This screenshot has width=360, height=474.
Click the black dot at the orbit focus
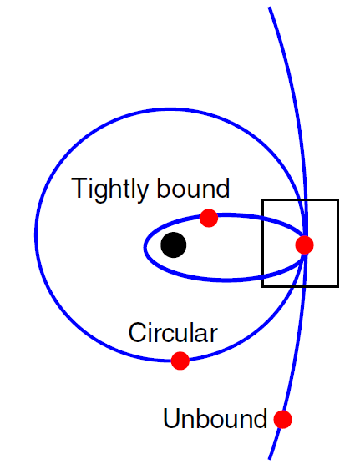pyautogui.click(x=174, y=245)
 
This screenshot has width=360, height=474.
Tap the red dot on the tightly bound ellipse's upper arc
pyautogui.click(x=209, y=218)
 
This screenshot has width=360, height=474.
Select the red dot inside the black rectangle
pyautogui.click(x=304, y=245)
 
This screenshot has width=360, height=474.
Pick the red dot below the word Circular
pyautogui.click(x=180, y=361)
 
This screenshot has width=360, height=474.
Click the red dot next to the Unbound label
pyautogui.click(x=282, y=419)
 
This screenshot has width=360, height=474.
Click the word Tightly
pyautogui.click(x=109, y=189)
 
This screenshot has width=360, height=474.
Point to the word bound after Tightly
pyautogui.click(x=193, y=188)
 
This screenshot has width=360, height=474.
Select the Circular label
pyautogui.click(x=173, y=332)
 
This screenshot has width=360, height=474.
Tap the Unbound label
pyautogui.click(x=215, y=418)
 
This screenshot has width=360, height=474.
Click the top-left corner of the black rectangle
pyautogui.click(x=262, y=199)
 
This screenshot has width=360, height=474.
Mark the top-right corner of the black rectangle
pyautogui.click(x=338, y=199)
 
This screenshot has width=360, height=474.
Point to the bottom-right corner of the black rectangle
pyautogui.click(x=338, y=286)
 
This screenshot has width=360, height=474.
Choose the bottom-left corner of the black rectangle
pyautogui.click(x=262, y=286)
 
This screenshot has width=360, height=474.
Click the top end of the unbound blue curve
pyautogui.click(x=269, y=8)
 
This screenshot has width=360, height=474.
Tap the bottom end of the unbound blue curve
pyautogui.click(x=269, y=459)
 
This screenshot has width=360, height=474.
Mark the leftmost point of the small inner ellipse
pyautogui.click(x=145, y=247)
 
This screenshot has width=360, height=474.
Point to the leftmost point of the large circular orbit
pyautogui.click(x=36, y=234)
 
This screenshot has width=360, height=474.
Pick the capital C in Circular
pyautogui.click(x=137, y=332)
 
